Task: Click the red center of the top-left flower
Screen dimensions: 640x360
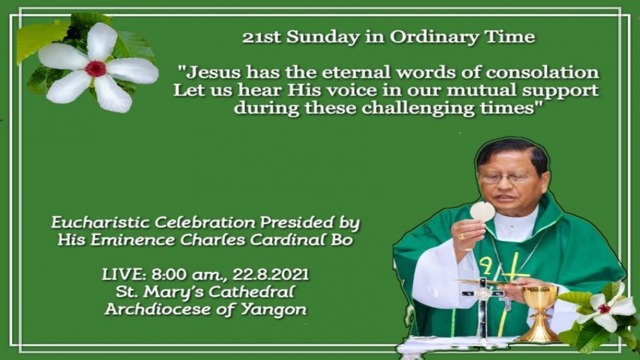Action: (x=96, y=68)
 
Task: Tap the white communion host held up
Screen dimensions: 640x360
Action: (x=482, y=211)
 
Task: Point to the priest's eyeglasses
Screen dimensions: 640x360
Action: (x=505, y=178)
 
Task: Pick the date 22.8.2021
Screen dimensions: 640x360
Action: (x=271, y=275)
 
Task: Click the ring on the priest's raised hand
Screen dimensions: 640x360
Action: (x=461, y=236)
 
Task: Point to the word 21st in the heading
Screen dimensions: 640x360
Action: (x=261, y=37)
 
